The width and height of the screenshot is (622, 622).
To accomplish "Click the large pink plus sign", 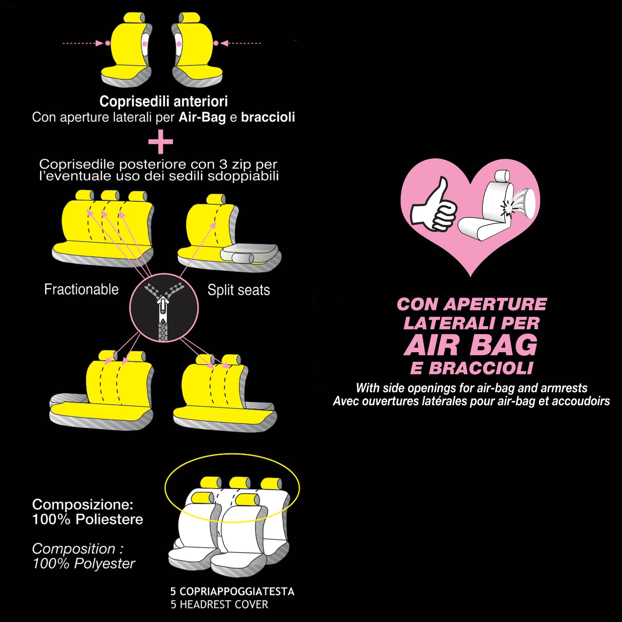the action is [x=161, y=142].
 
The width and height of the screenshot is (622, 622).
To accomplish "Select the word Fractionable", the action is [x=81, y=290].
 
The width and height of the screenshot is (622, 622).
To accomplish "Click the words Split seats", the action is [x=239, y=290].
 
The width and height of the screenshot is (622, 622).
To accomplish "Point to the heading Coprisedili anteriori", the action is [x=164, y=101].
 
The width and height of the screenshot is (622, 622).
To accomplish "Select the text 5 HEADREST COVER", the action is [x=219, y=604].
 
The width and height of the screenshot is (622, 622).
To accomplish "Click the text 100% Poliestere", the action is [x=88, y=519].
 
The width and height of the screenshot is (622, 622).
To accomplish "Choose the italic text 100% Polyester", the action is [x=84, y=564].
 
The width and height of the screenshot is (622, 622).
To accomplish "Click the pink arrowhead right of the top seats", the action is [x=225, y=43].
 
